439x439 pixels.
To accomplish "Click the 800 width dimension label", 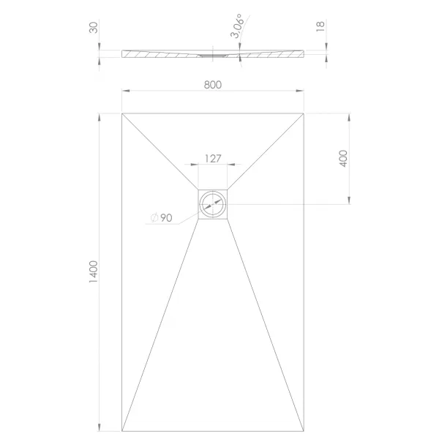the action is pyautogui.click(x=213, y=85).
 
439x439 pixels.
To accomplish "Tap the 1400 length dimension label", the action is pyautogui.click(x=93, y=271).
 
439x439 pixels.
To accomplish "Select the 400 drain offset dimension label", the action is pyautogui.click(x=343, y=159).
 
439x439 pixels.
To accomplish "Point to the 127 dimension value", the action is pyautogui.click(x=213, y=159).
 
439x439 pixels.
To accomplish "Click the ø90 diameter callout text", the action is pyautogui.click(x=161, y=217).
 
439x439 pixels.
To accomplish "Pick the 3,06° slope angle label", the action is pyautogui.click(x=237, y=26).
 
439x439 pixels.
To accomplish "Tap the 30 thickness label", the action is pyautogui.click(x=94, y=28).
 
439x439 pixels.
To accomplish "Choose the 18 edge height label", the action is pyautogui.click(x=320, y=26).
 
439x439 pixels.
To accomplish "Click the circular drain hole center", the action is pyautogui.click(x=213, y=204).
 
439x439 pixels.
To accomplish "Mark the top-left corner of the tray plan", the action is pyautogui.click(x=122, y=113).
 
